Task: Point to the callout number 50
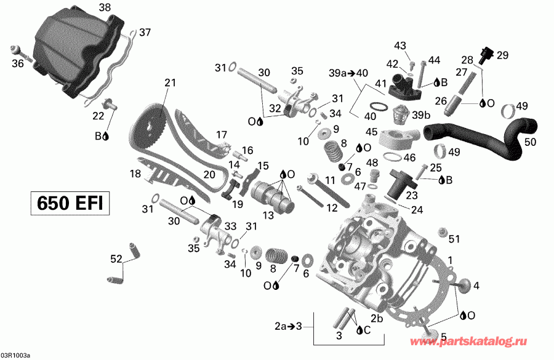click(x=530, y=142)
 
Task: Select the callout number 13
click(x=268, y=215)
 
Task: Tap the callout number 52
click(x=115, y=260)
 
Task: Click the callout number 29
click(x=503, y=55)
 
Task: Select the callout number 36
click(x=18, y=63)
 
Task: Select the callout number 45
click(x=371, y=132)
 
